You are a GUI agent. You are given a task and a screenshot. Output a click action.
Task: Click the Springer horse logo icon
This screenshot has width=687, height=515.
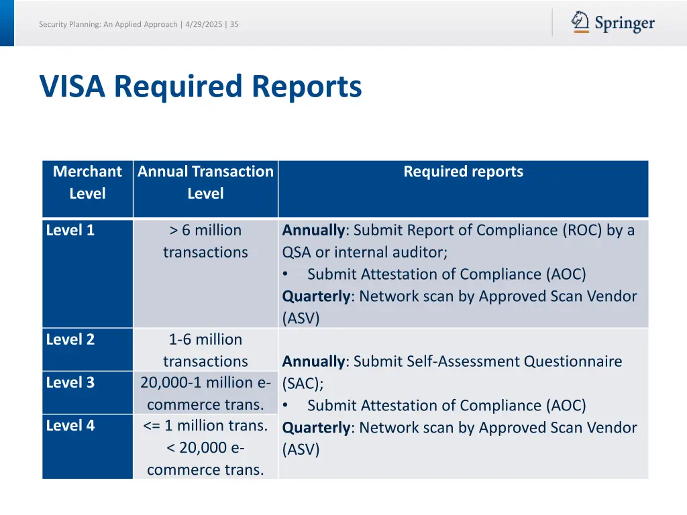click(580, 21)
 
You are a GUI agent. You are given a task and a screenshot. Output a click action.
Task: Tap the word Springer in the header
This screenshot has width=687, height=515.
click(625, 24)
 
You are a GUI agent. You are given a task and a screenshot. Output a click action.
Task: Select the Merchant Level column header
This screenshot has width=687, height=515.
click(87, 182)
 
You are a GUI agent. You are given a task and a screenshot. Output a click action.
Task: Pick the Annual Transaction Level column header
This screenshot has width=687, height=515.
click(205, 182)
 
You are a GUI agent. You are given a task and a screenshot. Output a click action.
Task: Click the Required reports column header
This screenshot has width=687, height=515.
click(463, 172)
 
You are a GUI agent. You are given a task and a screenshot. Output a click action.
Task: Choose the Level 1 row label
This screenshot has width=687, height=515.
click(70, 230)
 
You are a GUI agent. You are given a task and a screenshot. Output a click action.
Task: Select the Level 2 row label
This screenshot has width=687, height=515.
click(70, 339)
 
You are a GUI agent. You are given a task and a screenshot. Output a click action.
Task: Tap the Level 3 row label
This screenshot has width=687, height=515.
click(70, 382)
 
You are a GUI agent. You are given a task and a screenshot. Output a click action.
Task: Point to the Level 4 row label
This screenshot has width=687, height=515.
click(70, 425)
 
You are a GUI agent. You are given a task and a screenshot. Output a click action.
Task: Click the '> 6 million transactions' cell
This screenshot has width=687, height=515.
click(205, 241)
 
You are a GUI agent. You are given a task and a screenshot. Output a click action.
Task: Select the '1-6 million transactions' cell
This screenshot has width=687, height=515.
click(205, 350)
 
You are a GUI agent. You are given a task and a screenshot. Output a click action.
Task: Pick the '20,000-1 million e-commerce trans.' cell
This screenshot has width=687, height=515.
click(205, 393)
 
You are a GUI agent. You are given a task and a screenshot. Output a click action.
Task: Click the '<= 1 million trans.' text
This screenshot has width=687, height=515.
click(205, 425)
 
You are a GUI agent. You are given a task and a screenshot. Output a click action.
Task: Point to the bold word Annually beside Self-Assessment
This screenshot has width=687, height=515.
click(313, 361)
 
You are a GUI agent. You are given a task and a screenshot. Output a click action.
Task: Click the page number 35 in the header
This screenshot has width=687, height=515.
click(234, 25)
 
